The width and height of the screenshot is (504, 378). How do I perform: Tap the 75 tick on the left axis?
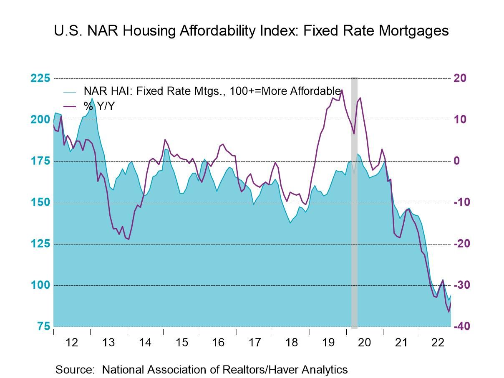(x=43, y=327)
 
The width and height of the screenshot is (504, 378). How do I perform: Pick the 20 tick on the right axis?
(x=460, y=78)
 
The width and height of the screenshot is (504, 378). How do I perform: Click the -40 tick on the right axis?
(x=461, y=327)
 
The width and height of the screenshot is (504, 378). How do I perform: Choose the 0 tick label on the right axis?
(x=457, y=161)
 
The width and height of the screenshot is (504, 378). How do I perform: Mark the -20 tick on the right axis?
(x=461, y=244)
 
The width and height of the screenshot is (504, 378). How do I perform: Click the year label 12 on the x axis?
(x=72, y=343)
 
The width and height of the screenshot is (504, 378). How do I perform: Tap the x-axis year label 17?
(x=255, y=343)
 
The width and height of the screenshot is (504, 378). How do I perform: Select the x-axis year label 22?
(x=438, y=343)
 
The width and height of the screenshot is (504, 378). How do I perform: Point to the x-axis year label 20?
(x=364, y=343)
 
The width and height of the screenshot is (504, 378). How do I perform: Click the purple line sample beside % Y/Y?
(x=70, y=107)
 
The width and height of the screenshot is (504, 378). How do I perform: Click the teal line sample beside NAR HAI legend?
(x=70, y=92)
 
